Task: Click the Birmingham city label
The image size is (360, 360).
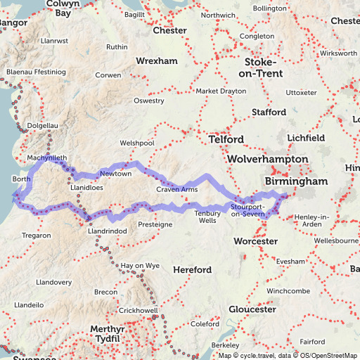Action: pos(295,181)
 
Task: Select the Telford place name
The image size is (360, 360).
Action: pos(225,139)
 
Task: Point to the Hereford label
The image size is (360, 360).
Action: pos(192,270)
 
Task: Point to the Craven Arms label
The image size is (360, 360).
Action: pos(176,189)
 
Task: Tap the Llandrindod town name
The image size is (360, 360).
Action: pos(107,231)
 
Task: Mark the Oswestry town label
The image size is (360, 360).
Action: pos(148,101)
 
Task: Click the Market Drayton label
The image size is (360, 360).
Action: pos(221,91)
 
